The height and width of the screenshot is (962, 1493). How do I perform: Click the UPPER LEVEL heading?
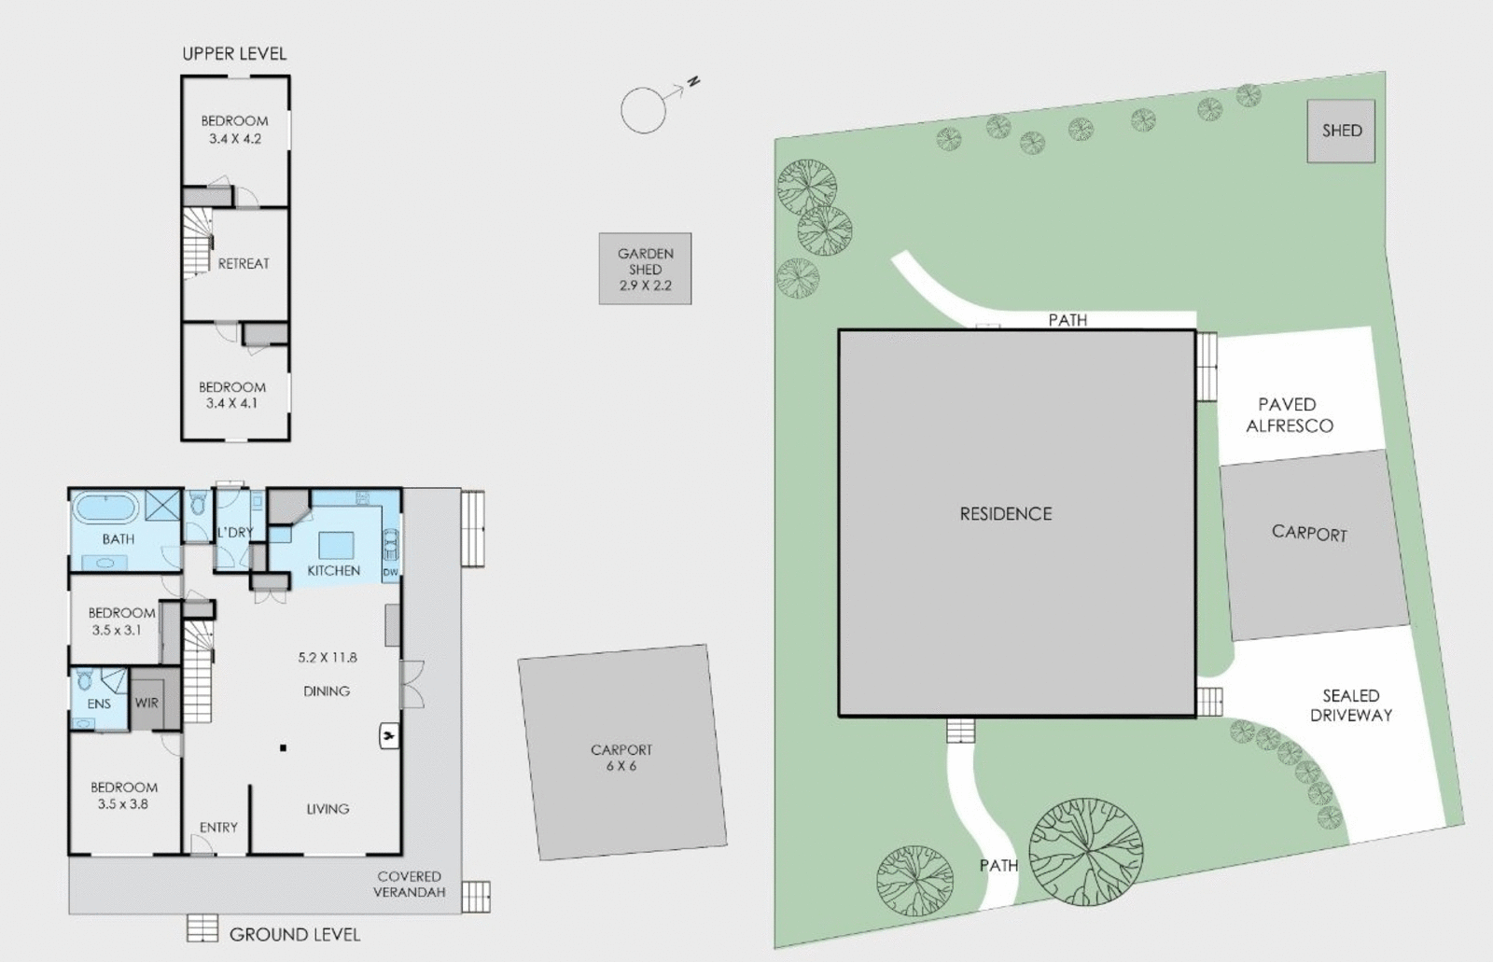234,54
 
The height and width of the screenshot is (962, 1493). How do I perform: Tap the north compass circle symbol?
644,110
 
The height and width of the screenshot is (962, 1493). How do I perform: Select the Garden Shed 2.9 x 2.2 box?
645,269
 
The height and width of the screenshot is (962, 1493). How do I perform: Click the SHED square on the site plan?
1341,132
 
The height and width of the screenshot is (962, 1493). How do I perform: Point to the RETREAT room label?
244,264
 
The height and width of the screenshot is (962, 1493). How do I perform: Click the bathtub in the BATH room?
105,509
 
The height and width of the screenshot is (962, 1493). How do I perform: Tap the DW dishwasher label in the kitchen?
390,572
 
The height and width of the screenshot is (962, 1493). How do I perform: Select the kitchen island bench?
336,545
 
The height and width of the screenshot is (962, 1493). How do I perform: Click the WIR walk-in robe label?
147,703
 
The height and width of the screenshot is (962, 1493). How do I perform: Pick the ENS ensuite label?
99,704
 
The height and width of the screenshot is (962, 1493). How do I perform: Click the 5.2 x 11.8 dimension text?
328,657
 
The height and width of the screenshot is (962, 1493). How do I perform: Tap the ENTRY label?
218,827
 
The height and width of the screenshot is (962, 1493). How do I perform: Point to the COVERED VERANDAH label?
409,884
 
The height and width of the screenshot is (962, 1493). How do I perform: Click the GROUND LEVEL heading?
294,934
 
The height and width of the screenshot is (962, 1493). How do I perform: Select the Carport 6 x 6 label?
621,758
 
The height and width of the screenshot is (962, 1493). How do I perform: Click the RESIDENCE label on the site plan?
1006,514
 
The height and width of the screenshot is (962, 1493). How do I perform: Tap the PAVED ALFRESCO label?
1290,415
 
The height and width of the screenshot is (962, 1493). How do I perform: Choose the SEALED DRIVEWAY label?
1350,705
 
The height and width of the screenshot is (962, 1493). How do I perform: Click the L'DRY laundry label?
234,532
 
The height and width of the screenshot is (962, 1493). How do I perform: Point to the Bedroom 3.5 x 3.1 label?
121,621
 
